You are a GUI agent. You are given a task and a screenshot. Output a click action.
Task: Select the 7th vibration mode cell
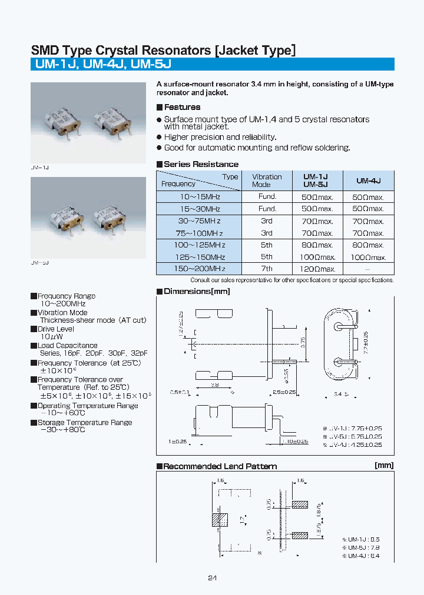pos(267,268)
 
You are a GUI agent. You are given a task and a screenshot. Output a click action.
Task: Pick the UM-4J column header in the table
pos(369,180)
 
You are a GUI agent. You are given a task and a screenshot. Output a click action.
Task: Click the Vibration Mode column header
pos(267,180)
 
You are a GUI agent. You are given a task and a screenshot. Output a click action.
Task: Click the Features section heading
pos(182,107)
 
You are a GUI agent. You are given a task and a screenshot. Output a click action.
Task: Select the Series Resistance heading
pos(201,164)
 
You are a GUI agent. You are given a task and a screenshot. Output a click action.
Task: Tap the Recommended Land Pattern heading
pos(220,466)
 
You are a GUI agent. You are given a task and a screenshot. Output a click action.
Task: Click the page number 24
pos(212,578)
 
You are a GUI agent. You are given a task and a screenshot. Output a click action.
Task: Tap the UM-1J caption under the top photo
pos(39,168)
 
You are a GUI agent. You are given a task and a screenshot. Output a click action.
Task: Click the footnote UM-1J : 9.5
pos(363,539)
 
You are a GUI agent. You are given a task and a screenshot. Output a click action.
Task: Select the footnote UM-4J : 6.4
pos(363,556)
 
